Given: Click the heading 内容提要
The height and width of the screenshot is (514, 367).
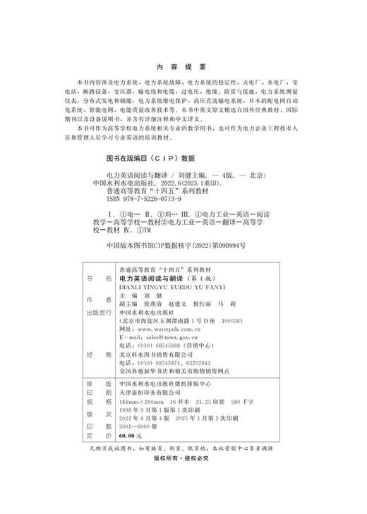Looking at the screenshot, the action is click(182, 67).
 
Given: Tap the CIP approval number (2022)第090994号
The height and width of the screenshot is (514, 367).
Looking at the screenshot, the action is click(214, 246).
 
